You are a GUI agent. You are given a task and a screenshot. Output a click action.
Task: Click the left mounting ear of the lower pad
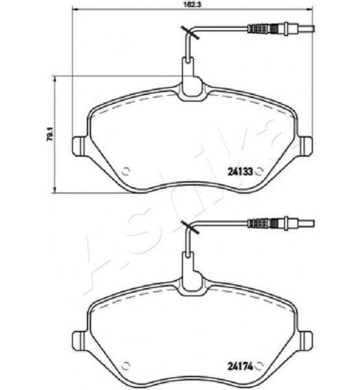pyautogui.click(x=79, y=340)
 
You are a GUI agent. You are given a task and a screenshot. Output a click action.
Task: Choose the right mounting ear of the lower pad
pyautogui.click(x=305, y=340)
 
